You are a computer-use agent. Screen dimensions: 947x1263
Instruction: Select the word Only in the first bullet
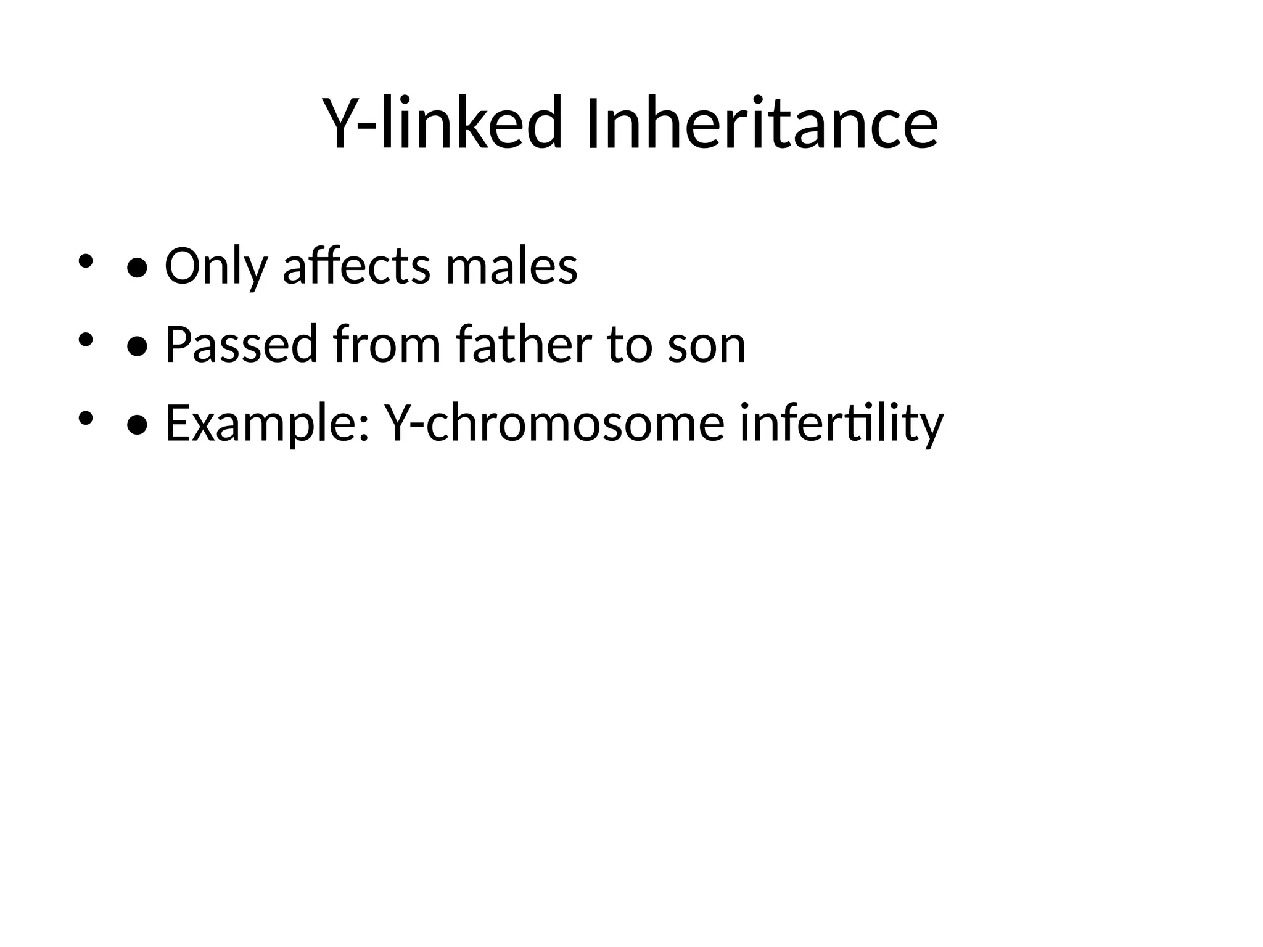coord(216,267)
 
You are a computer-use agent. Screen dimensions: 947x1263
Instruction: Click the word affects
coord(356,266)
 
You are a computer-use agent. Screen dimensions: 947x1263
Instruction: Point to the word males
coord(512,266)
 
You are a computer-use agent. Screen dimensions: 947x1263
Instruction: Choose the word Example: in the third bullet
coord(267,424)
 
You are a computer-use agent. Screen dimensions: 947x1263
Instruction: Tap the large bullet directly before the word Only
coord(136,268)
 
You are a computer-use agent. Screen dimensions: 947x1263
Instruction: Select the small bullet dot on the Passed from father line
coord(85,339)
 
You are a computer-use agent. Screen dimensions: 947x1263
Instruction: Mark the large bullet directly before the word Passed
coord(136,346)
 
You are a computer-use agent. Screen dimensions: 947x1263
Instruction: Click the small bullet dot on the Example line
coord(85,418)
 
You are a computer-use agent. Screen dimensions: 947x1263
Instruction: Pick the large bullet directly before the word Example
coord(136,425)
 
